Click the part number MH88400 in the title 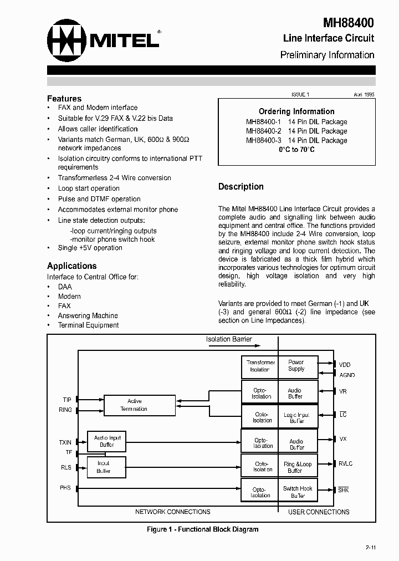[x=348, y=23]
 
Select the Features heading [x=64, y=99]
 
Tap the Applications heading [x=71, y=266]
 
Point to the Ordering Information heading [x=296, y=111]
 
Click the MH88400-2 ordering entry [x=296, y=131]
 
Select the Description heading [x=241, y=187]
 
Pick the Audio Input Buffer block [x=107, y=441]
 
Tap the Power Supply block [x=296, y=366]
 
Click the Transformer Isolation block [x=260, y=366]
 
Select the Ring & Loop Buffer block [x=297, y=467]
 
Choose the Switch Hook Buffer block [x=298, y=492]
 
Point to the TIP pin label [x=67, y=400]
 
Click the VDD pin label [x=345, y=365]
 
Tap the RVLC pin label [x=346, y=463]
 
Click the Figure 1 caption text [x=202, y=529]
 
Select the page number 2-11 [x=370, y=548]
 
